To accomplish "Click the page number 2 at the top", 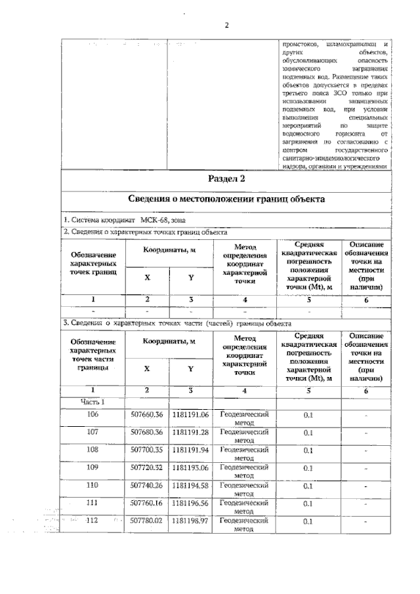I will tap(226, 26).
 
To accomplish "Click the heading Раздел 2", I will tap(226, 178).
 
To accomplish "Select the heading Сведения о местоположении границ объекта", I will tap(226, 199).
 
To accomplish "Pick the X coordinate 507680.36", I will tap(146, 432).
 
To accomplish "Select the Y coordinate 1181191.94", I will tap(190, 450).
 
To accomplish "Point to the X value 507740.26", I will tap(146, 486).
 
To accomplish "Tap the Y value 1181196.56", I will tap(190, 504).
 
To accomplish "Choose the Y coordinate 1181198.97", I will tap(190, 521).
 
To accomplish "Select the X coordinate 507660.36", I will tap(146, 414).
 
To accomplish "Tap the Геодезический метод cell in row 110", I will tap(244, 489).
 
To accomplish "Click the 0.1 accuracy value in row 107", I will tap(308, 433).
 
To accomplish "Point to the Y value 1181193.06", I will tap(190, 467).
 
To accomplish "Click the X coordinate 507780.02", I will tap(146, 521).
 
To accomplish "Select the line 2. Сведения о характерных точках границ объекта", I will tap(145, 232).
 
